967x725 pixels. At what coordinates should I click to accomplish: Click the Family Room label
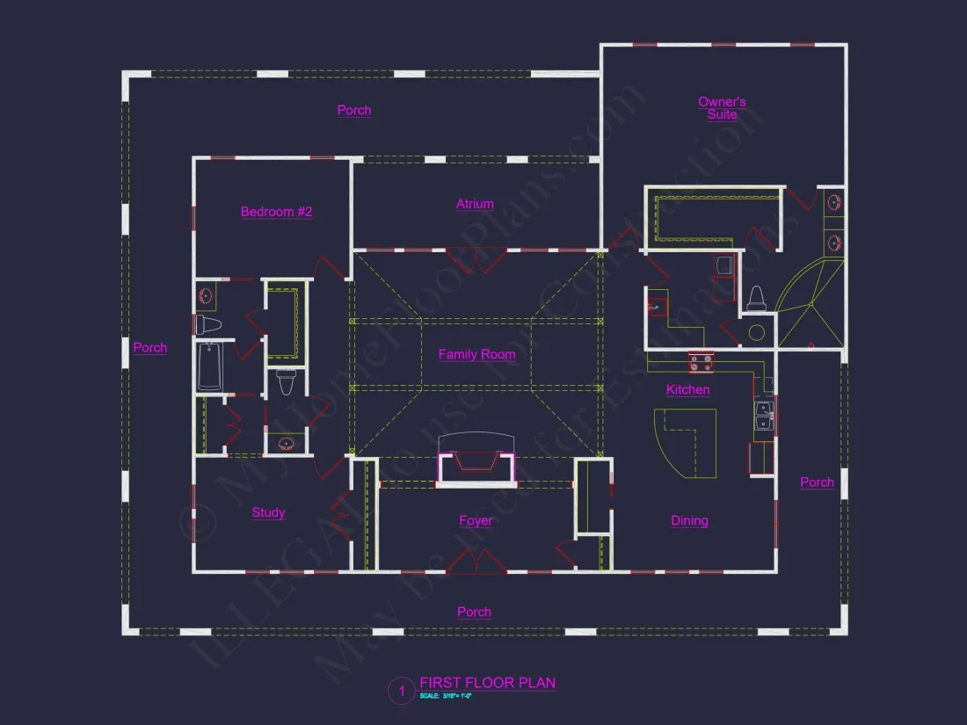click(476, 354)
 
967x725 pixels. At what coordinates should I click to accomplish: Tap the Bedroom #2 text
click(276, 212)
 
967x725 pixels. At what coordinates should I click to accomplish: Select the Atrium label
click(475, 204)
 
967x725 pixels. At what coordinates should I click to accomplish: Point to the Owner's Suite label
click(722, 108)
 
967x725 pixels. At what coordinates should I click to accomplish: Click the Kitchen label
click(687, 389)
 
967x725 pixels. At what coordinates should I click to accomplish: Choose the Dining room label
click(689, 520)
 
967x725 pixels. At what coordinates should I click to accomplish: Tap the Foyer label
click(476, 520)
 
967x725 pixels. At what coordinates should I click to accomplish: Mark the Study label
click(268, 512)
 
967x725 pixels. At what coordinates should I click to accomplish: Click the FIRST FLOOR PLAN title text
click(487, 683)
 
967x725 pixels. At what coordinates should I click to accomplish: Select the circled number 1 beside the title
click(401, 692)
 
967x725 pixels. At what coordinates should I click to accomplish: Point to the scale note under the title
click(446, 696)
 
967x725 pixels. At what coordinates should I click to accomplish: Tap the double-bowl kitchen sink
click(763, 415)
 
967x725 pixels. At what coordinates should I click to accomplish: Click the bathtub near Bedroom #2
click(209, 366)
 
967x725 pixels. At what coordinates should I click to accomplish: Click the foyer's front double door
click(476, 562)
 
